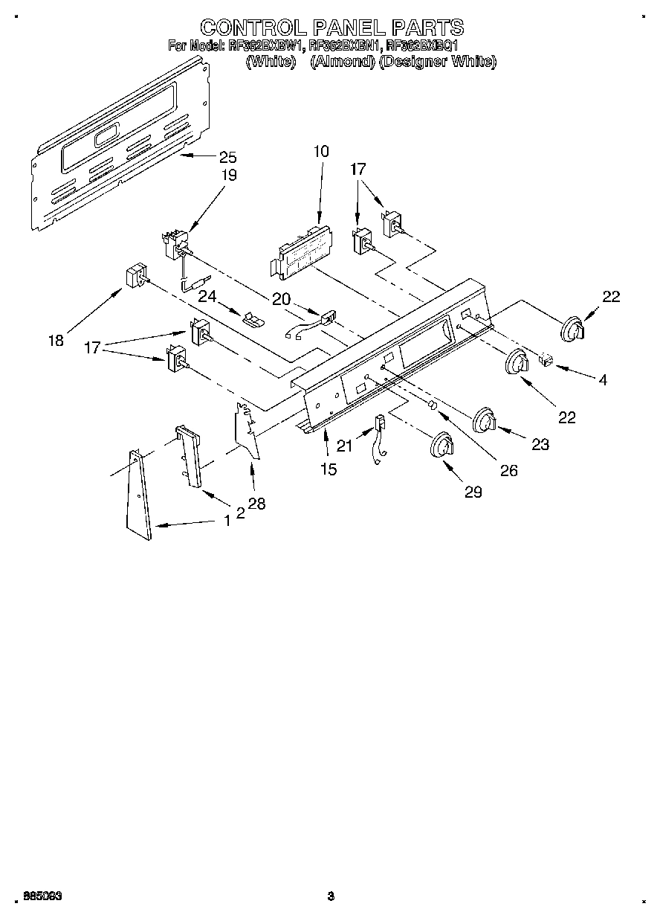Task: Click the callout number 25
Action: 227,157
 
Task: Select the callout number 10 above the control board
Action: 320,151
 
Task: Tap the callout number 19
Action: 229,176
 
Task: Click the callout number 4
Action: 603,379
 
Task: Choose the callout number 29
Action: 473,491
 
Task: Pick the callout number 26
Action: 508,470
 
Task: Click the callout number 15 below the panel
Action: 328,469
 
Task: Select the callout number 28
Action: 256,504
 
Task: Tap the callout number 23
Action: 540,444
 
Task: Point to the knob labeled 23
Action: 484,421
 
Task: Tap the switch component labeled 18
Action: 134,278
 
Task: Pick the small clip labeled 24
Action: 253,318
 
